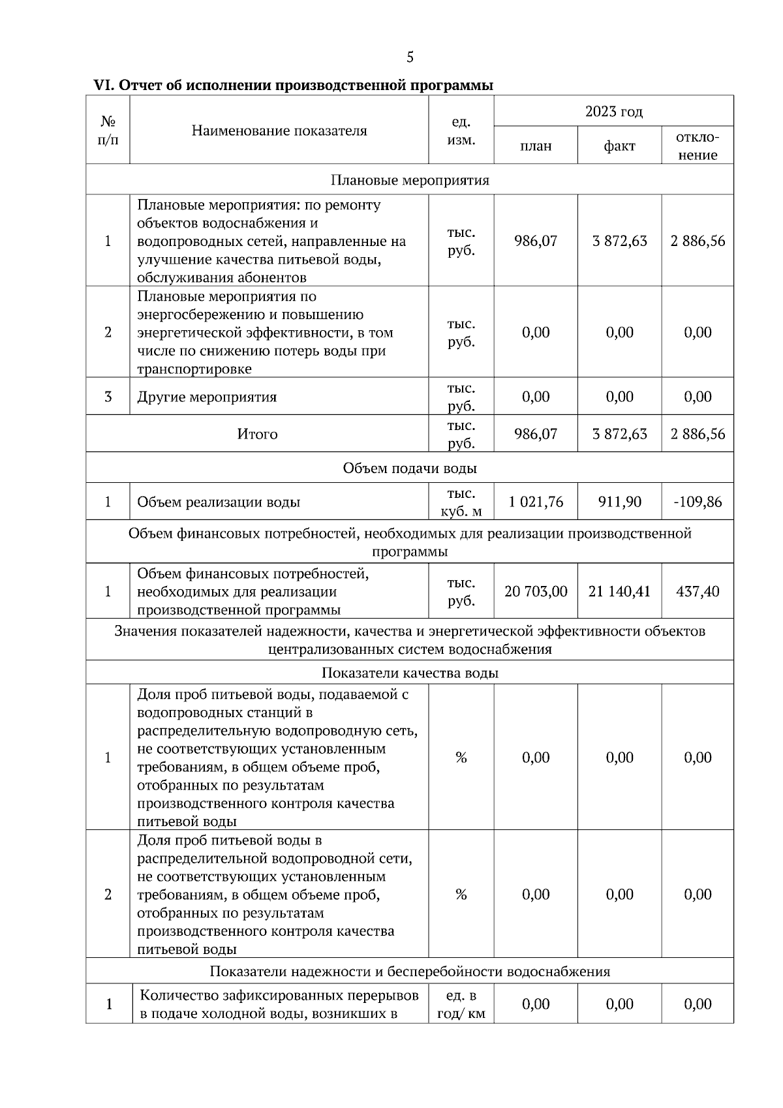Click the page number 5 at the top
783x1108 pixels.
410,57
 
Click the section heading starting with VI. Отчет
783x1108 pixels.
294,85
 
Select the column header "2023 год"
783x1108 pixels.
613,112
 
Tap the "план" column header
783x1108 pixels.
536,146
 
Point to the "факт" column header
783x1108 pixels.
619,146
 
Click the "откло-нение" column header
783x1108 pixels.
698,146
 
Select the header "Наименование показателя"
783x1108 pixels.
279,131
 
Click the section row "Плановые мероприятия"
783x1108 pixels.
410,180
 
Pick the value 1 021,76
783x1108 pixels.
536,502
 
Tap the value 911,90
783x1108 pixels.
619,502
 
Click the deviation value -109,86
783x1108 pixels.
698,502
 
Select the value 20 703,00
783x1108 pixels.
536,591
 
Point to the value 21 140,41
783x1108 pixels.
619,591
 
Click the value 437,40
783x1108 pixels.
698,591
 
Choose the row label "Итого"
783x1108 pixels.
257,434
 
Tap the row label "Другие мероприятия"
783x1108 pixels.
207,397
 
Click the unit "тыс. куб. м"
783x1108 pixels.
461,502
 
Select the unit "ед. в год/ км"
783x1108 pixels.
461,1005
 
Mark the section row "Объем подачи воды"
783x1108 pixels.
410,469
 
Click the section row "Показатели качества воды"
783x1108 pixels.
410,673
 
